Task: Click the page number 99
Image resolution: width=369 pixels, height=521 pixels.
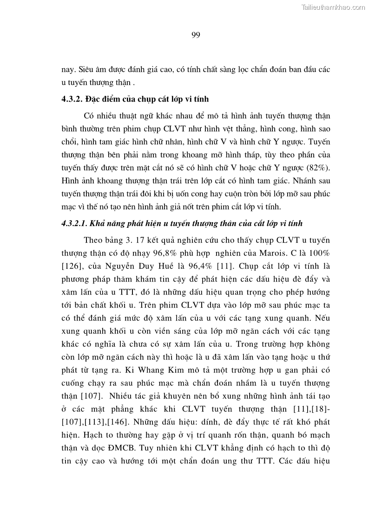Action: coord(195,35)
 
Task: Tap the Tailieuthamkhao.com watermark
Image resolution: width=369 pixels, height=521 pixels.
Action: coord(334,7)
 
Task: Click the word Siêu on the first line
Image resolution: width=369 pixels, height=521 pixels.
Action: coord(84,70)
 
